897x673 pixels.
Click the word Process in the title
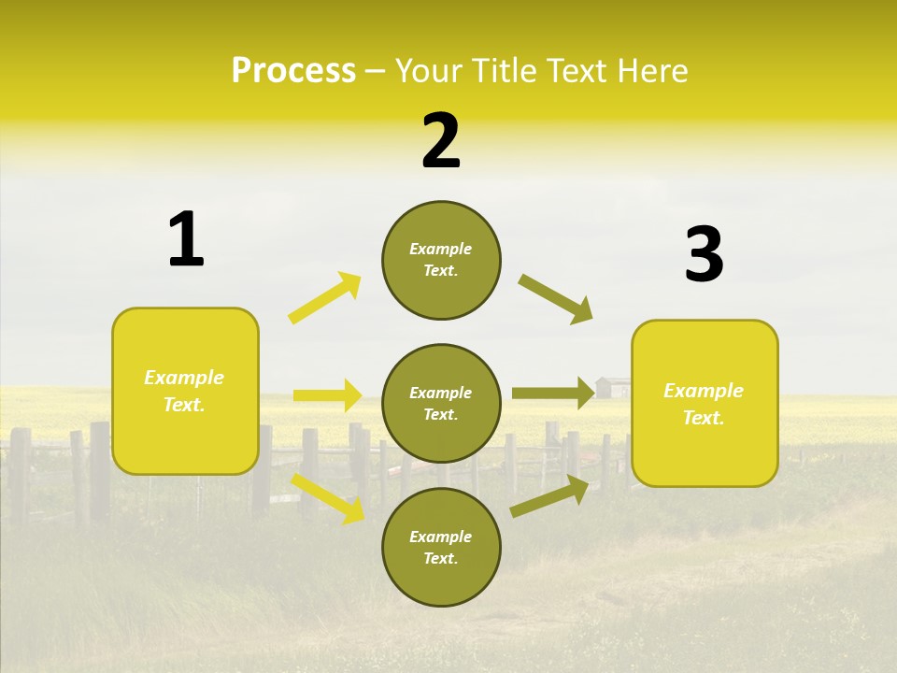tap(293, 71)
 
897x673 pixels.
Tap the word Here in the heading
tap(653, 71)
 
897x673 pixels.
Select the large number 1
tap(186, 239)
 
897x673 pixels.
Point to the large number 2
tap(441, 140)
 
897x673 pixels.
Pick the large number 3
tap(704, 255)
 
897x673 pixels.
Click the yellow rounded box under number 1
tap(185, 391)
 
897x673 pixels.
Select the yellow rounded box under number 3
tap(705, 403)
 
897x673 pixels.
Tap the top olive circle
tap(441, 260)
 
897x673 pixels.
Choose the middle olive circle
tap(441, 403)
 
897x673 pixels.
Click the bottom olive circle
tap(441, 547)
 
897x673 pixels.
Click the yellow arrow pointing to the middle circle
tap(327, 395)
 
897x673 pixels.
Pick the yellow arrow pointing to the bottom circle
tap(328, 498)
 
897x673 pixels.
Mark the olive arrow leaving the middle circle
tap(552, 394)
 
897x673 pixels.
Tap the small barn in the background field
tap(612, 387)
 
